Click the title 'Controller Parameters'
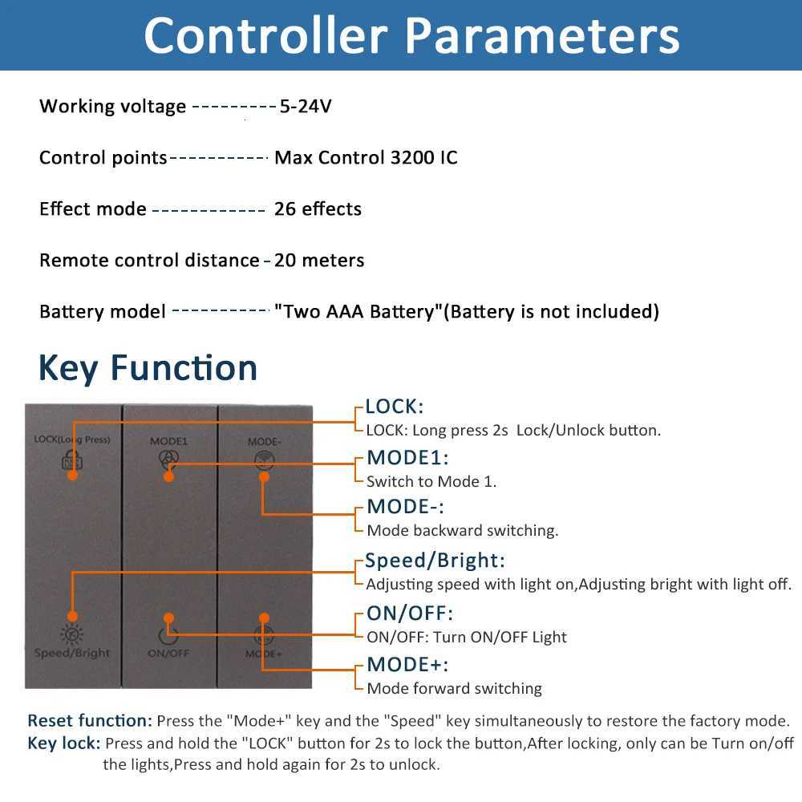(x=411, y=35)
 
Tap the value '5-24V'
(x=306, y=106)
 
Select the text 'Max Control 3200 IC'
(x=366, y=157)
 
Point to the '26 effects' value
(x=318, y=209)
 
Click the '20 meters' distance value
(x=319, y=260)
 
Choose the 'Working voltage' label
(x=112, y=106)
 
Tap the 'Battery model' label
(x=103, y=311)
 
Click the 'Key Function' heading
(x=148, y=367)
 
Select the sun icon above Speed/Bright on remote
(x=72, y=634)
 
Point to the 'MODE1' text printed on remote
(x=168, y=441)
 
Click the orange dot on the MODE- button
(x=263, y=476)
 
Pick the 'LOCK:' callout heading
(x=394, y=407)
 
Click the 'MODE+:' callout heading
(x=407, y=664)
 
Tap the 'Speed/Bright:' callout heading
(x=435, y=561)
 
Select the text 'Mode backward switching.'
(x=462, y=530)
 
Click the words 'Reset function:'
(x=90, y=720)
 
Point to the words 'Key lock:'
(x=64, y=743)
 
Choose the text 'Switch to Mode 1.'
(x=431, y=481)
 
